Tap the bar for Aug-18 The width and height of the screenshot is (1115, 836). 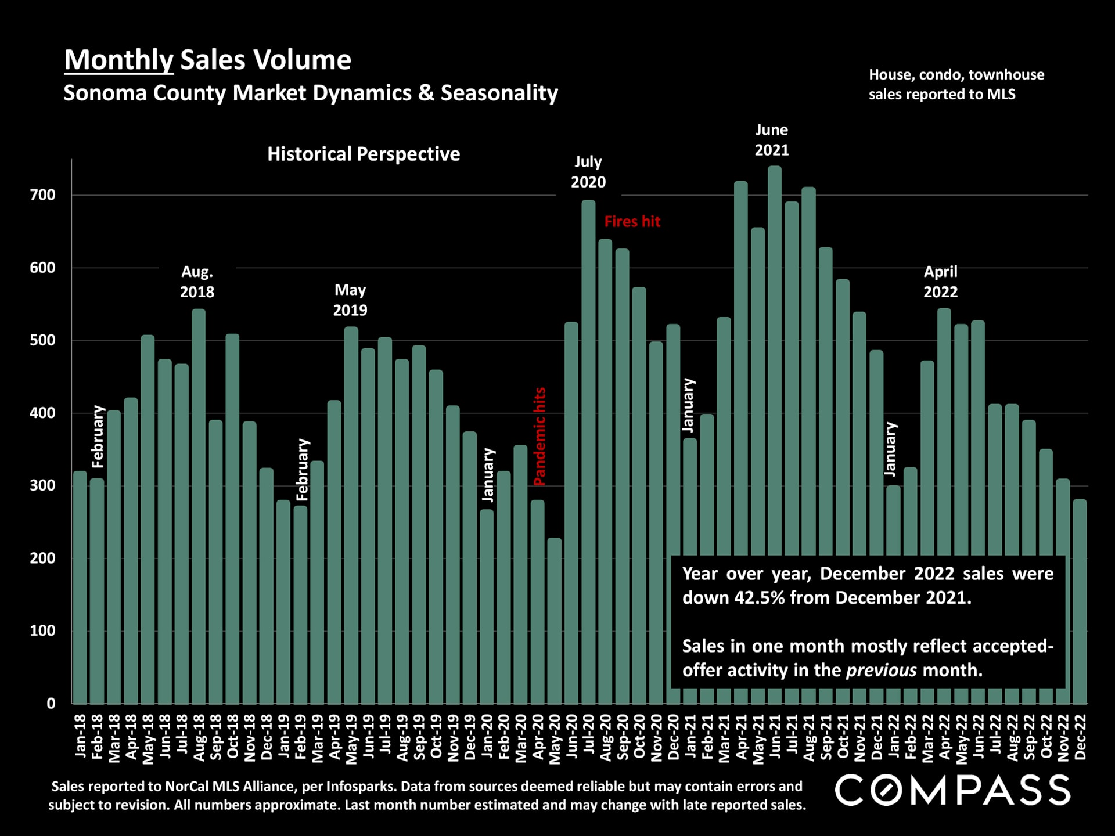tap(199, 505)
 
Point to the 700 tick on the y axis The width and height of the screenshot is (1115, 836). tap(43, 195)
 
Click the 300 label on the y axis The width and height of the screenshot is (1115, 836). tap(43, 485)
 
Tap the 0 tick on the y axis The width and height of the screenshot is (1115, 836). tap(51, 703)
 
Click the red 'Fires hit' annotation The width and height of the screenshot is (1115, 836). tap(632, 222)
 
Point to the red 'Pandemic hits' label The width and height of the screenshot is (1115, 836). tap(539, 437)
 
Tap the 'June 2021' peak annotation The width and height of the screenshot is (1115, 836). tap(771, 140)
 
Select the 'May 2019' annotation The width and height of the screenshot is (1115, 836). tap(350, 300)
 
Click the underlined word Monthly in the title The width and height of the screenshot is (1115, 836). tap(118, 60)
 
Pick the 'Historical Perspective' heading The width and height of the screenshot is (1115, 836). tap(364, 154)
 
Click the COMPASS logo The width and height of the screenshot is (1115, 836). tap(952, 791)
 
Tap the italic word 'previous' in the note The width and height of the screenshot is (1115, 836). tap(881, 671)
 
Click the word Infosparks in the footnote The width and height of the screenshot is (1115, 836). tap(360, 787)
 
